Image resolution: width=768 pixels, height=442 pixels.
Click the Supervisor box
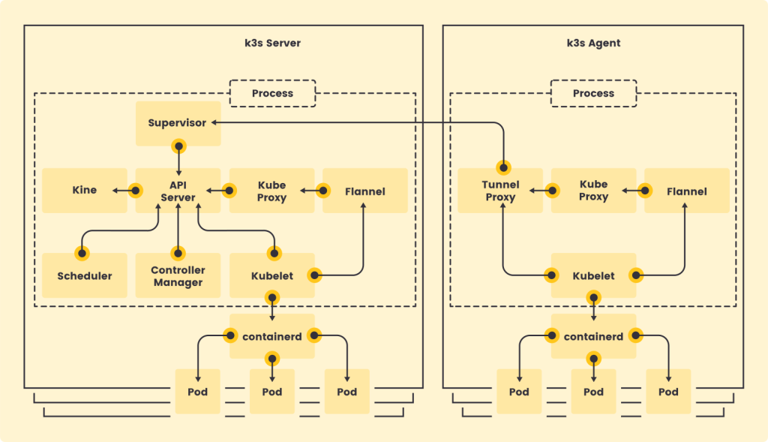pos(178,123)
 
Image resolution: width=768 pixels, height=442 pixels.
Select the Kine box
pos(84,190)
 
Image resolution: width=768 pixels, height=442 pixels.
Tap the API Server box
pos(178,190)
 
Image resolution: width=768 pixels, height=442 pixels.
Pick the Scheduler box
pos(84,275)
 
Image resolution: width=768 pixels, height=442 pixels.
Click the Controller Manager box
pos(178,275)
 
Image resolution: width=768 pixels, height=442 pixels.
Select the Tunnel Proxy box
pos(500,190)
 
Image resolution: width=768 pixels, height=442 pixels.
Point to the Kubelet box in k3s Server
pos(271,275)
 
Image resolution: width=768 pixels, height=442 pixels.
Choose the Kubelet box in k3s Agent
pos(593,275)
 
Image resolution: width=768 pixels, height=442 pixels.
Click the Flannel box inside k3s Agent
pos(686,191)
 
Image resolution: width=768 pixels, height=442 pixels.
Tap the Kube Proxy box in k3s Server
pos(271,190)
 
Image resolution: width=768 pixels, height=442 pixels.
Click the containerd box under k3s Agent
pos(593,336)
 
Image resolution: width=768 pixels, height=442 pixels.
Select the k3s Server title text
pos(268,43)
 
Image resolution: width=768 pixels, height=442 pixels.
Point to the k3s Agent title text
pos(593,43)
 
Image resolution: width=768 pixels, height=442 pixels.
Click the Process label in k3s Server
pos(272,93)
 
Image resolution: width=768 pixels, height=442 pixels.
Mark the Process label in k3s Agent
pos(593,93)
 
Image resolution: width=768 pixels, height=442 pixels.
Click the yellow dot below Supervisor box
pos(178,146)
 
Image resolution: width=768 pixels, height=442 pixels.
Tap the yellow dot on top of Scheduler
pos(80,253)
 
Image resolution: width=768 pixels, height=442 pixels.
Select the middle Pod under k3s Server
pos(271,391)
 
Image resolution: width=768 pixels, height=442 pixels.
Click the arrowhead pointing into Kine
pos(115,191)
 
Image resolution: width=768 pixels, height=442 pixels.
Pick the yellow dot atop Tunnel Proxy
pos(504,167)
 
